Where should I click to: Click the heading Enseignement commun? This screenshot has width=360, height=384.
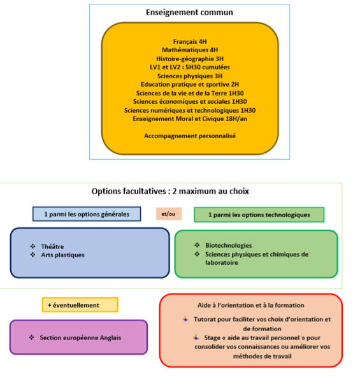click(x=189, y=12)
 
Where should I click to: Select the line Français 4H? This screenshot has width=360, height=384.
click(x=190, y=41)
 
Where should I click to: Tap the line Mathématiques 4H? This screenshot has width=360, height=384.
click(x=190, y=50)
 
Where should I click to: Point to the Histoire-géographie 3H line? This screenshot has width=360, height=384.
click(x=190, y=59)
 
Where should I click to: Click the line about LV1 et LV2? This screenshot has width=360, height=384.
click(x=190, y=67)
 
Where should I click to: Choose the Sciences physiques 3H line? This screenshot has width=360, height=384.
click(x=190, y=76)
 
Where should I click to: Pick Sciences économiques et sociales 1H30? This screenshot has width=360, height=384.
click(x=190, y=101)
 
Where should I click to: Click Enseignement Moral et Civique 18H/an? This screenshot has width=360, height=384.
click(x=190, y=119)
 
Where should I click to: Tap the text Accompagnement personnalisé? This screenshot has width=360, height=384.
click(x=190, y=136)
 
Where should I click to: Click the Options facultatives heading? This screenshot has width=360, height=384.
click(x=170, y=191)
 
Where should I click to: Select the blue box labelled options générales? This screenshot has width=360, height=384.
click(x=87, y=214)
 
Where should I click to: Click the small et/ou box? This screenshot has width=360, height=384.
click(x=169, y=214)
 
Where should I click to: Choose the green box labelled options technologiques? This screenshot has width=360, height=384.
click(x=259, y=215)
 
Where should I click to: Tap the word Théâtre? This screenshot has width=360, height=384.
click(x=52, y=246)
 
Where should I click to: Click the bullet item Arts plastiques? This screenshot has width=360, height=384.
click(x=62, y=255)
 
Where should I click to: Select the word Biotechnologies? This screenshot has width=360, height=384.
click(x=229, y=245)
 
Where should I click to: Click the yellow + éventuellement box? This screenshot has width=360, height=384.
click(x=80, y=305)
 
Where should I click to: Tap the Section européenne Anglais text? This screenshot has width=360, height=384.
click(x=80, y=338)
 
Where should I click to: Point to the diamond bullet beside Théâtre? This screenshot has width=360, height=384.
click(x=33, y=246)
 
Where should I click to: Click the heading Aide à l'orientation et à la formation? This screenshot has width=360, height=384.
click(x=251, y=305)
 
